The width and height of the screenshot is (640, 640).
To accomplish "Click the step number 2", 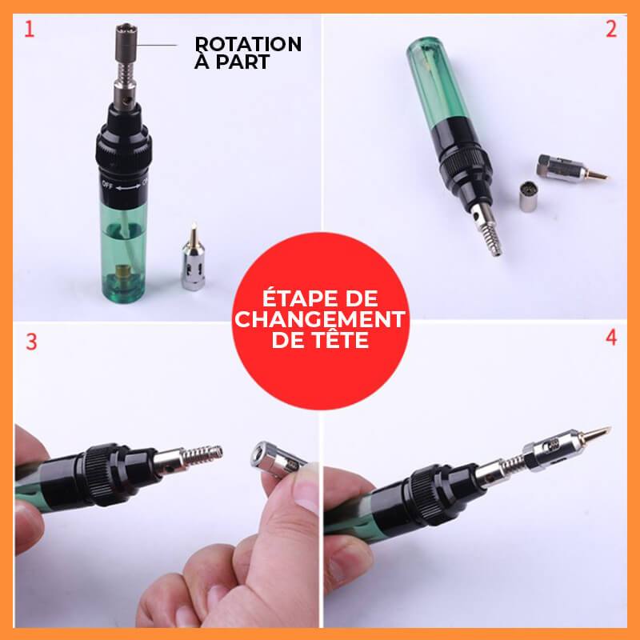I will pos(611,30).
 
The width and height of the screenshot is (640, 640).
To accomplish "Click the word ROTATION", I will pos(248,44).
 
